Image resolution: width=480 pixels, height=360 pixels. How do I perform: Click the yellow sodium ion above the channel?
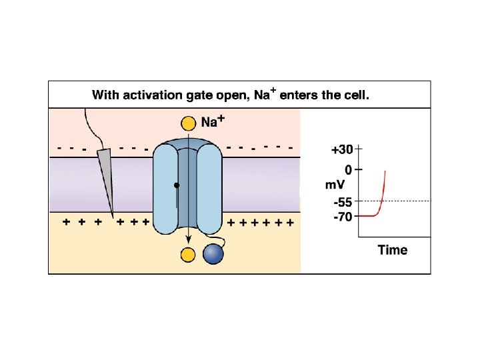[187, 123]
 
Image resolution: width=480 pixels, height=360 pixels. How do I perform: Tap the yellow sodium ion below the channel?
[187, 254]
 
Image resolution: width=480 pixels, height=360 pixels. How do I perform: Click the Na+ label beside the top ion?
[213, 121]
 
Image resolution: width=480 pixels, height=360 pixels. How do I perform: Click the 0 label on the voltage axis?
[348, 169]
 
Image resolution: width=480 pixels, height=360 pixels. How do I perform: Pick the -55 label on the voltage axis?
[343, 202]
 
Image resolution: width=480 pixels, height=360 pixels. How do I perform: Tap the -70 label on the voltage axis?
[343, 217]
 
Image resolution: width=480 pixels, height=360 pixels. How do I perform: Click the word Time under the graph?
[392, 251]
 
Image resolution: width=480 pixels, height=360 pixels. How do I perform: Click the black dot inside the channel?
[177, 185]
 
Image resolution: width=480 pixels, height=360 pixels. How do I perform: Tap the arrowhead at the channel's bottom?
[189, 239]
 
